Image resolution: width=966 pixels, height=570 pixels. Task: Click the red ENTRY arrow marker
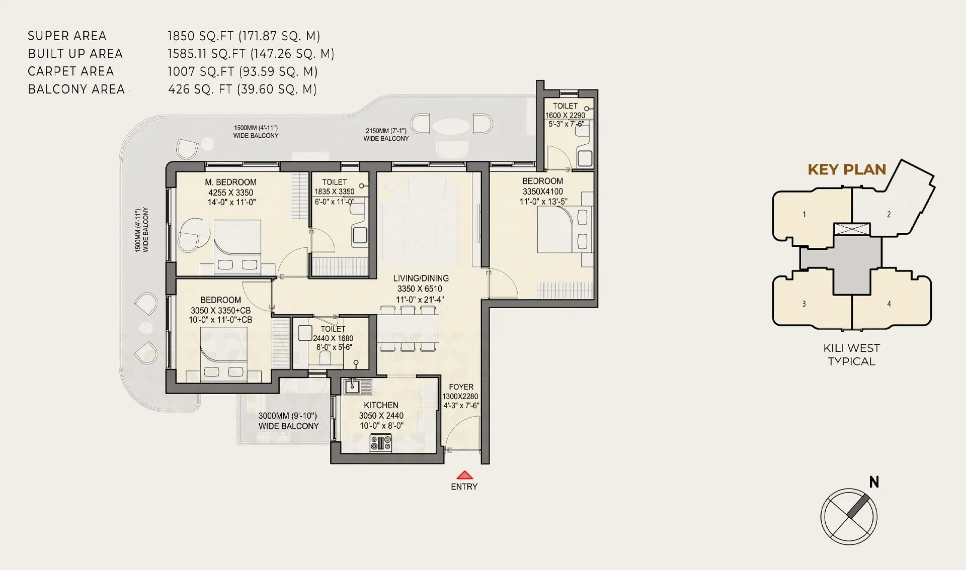click(x=465, y=475)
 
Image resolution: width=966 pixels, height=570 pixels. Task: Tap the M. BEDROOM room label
click(x=230, y=182)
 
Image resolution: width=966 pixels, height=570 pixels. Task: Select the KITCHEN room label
click(x=381, y=405)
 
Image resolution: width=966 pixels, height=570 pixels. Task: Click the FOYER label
click(x=461, y=387)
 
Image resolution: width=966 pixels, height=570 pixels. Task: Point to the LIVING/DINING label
click(x=421, y=278)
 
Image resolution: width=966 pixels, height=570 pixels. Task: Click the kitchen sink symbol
click(x=357, y=386)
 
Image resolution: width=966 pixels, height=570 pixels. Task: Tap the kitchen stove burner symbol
click(x=381, y=443)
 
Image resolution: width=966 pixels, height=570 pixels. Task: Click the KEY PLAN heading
click(x=847, y=170)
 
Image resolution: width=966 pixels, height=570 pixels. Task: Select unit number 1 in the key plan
click(x=804, y=215)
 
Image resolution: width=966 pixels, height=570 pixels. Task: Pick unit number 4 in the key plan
click(x=889, y=304)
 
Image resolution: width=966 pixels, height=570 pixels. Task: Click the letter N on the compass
click(x=874, y=483)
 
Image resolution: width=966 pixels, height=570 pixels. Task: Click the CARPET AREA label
click(x=71, y=71)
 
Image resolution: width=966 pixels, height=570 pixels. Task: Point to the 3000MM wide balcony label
click(x=288, y=421)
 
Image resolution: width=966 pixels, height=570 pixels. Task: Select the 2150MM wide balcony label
click(x=386, y=134)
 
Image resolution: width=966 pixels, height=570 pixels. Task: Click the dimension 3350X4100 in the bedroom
click(x=542, y=192)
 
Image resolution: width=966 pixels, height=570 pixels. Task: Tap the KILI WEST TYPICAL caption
click(x=851, y=354)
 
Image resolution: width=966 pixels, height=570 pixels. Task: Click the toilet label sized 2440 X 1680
click(x=333, y=338)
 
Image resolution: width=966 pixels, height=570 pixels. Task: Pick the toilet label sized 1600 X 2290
click(x=565, y=115)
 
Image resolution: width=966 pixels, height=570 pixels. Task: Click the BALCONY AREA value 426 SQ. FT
click(x=200, y=89)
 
